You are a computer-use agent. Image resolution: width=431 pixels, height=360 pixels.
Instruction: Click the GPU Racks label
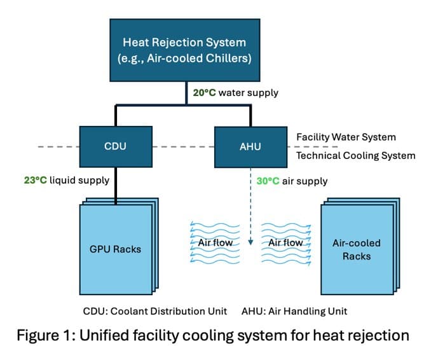pos(115,249)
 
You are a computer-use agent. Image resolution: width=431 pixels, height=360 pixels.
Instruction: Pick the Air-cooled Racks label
pos(356,249)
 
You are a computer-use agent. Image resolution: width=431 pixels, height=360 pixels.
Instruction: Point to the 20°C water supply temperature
pos(205,93)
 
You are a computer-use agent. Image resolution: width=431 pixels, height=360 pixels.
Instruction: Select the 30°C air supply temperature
pos(268,181)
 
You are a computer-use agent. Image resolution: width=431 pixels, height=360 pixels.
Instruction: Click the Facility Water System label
pos(346,137)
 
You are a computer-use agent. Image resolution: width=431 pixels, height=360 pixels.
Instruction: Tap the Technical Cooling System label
pos(355,155)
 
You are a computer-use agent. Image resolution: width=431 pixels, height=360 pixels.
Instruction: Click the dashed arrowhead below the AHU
pos(250,242)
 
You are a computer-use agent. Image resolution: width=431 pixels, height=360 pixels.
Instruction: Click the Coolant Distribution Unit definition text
pos(154,311)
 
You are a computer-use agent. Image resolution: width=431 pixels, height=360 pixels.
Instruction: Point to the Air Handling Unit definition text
pos(294,311)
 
